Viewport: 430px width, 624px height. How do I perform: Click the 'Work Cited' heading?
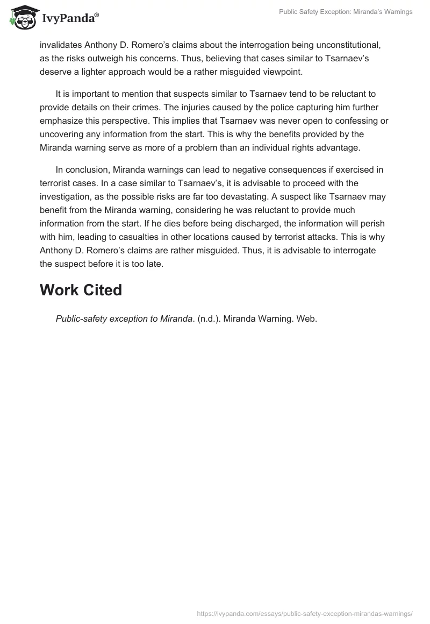point(81,290)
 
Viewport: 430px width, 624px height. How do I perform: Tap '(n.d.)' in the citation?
point(209,319)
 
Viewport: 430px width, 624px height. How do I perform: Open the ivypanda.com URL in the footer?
point(305,613)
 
